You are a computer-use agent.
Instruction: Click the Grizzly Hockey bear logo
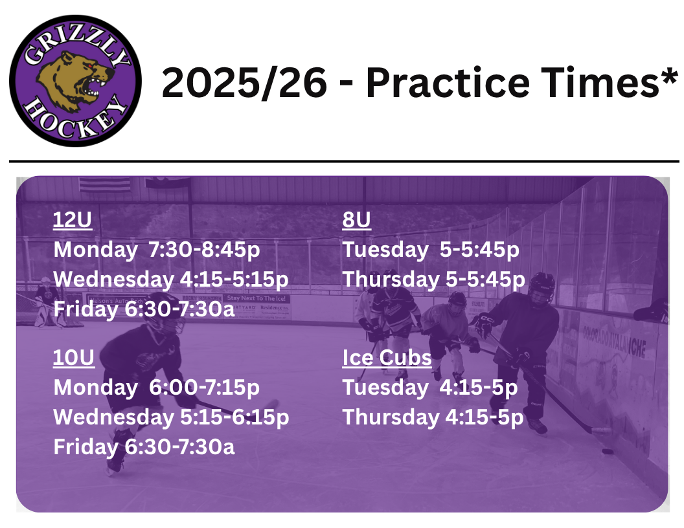coord(76,81)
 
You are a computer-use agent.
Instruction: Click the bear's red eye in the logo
coord(90,66)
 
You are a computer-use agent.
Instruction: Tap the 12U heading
coord(73,219)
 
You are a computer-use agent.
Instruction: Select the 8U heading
coord(356,219)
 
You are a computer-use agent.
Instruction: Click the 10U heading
coord(74,358)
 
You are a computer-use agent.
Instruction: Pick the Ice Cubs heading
coord(387,358)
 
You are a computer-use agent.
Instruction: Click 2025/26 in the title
coord(244,83)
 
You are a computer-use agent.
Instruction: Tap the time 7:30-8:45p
coord(204,250)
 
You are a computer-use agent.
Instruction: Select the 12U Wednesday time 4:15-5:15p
coord(234,280)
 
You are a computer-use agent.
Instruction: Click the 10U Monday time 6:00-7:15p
coord(204,388)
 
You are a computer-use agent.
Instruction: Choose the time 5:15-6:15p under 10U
coord(234,417)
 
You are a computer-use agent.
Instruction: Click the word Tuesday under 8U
coord(385,250)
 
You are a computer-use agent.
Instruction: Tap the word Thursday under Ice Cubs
coord(391,417)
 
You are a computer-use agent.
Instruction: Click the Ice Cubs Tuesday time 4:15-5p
coord(479,388)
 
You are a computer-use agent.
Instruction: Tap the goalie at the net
coord(47,302)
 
